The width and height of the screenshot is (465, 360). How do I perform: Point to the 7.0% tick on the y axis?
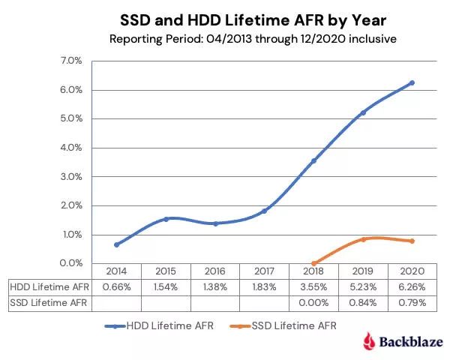click(72, 61)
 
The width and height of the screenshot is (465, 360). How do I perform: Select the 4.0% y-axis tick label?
click(72, 148)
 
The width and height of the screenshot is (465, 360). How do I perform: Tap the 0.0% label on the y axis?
click(72, 263)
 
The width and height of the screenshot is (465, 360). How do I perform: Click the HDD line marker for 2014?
click(116, 244)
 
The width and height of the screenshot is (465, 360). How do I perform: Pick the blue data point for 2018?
click(314, 160)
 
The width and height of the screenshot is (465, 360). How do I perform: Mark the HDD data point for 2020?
click(412, 82)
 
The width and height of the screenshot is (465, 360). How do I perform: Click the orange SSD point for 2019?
click(364, 239)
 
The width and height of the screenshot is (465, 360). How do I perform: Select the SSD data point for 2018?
click(314, 263)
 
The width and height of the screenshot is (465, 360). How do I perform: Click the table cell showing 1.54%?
click(166, 287)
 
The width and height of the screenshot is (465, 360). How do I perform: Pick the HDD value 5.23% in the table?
click(364, 287)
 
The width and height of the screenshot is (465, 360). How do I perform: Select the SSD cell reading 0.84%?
click(364, 303)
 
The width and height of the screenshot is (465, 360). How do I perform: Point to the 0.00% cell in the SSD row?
click(314, 303)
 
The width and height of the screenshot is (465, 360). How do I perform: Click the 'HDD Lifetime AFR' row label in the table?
click(49, 287)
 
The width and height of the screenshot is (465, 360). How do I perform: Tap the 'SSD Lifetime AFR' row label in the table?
click(49, 303)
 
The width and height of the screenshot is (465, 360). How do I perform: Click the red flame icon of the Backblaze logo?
click(368, 342)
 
